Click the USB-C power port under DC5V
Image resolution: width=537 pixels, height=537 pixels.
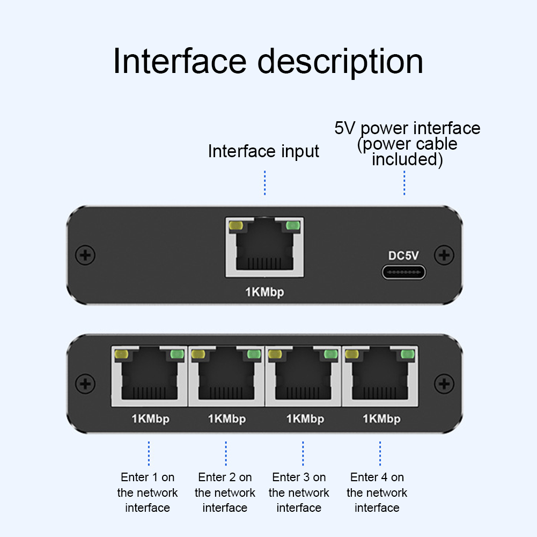point(404,272)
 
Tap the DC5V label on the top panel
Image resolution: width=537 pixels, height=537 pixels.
point(404,256)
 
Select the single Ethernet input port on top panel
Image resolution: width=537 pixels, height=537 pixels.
point(264,247)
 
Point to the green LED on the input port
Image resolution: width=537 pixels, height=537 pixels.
point(292,226)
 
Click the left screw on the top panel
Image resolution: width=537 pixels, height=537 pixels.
point(84,255)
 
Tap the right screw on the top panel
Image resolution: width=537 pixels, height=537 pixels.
point(443,255)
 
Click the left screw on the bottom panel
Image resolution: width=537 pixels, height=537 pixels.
point(84,383)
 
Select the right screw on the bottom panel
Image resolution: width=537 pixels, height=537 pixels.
point(443,383)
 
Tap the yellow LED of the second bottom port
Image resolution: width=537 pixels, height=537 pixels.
point(199,354)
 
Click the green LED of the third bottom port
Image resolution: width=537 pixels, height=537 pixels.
point(330,354)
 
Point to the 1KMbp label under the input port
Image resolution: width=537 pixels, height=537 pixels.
point(264,292)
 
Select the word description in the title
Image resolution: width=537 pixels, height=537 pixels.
point(341,61)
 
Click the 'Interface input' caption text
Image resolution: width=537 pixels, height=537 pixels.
point(263,151)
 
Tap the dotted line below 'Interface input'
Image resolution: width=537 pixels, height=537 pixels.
point(264,183)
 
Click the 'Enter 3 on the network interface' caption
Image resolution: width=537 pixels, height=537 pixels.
point(299,492)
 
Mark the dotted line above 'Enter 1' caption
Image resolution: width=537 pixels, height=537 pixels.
point(149,453)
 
